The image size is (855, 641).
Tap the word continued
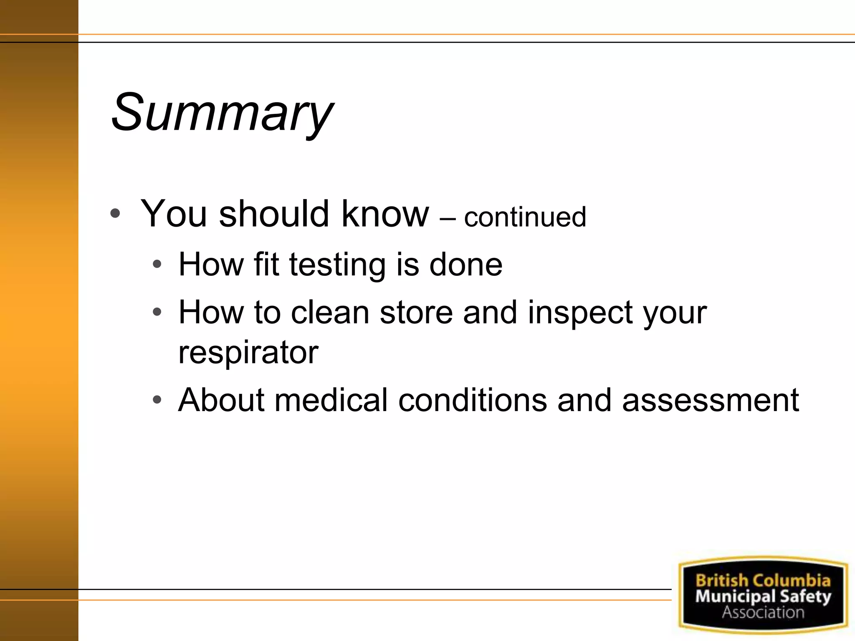(525, 217)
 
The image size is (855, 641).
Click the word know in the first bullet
(385, 214)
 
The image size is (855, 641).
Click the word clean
(330, 312)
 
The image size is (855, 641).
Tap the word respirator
(248, 352)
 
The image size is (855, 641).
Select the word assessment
(710, 400)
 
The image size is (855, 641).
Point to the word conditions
(473, 400)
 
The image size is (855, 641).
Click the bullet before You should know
(115, 214)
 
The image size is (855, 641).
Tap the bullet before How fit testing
(157, 265)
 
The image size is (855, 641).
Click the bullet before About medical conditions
(157, 400)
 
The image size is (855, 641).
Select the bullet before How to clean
(157, 312)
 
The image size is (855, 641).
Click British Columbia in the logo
(763, 580)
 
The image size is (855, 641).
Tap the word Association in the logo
(763, 612)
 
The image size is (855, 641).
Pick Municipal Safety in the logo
(763, 596)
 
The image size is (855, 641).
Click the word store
(416, 312)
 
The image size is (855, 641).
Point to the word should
(274, 214)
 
